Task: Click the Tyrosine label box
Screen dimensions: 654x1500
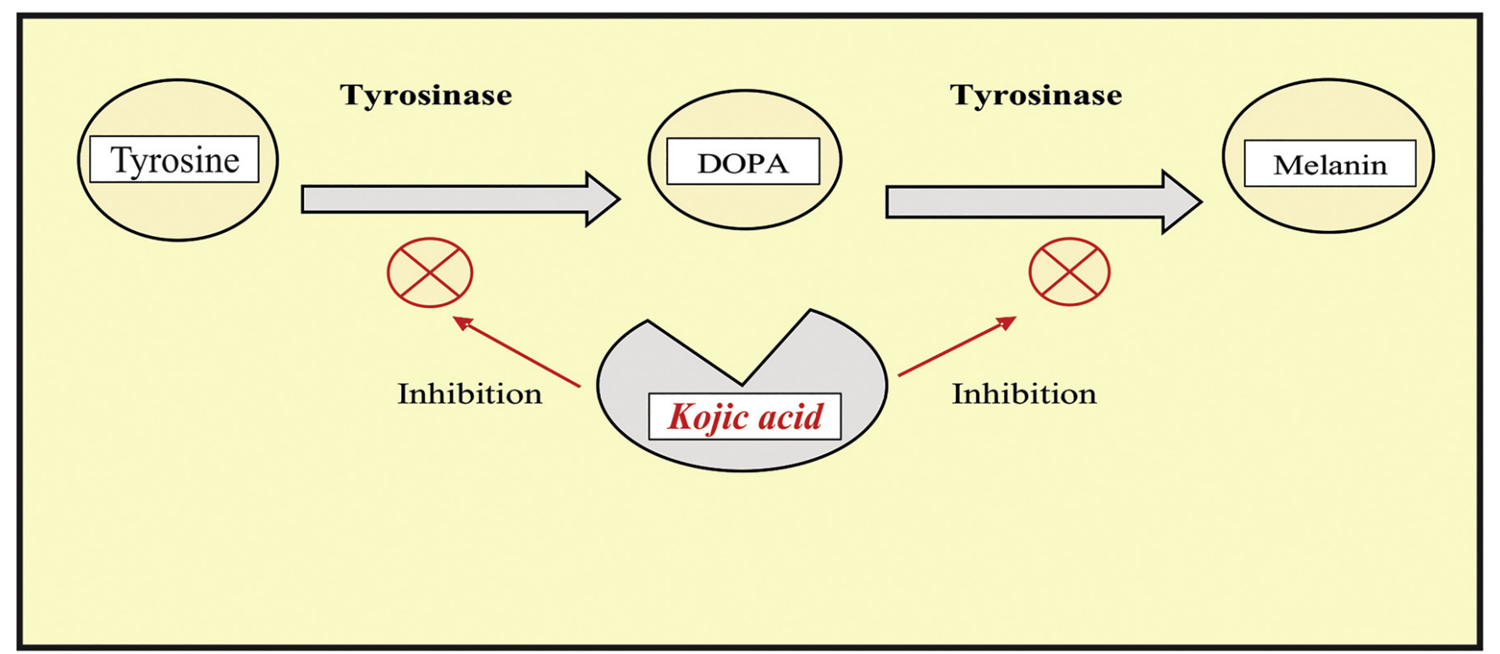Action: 174,159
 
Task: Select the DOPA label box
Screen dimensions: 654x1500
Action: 742,162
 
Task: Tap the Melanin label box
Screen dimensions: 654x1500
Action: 1329,164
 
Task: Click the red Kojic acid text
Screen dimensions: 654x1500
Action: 745,416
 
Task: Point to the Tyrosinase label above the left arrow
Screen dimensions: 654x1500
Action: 426,95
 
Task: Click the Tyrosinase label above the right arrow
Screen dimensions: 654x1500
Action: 1035,95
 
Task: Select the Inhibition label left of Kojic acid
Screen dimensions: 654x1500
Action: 470,393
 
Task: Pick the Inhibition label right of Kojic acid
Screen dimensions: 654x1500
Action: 1023,393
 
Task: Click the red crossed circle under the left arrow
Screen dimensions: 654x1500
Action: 430,272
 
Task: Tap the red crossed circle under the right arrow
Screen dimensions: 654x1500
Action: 1069,272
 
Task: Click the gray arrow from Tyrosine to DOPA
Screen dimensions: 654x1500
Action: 440,200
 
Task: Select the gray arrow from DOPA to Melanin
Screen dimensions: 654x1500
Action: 1024,202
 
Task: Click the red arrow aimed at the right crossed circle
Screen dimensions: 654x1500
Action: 957,346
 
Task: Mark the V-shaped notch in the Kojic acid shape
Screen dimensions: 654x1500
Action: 742,372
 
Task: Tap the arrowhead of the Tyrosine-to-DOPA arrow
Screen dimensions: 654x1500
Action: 603,200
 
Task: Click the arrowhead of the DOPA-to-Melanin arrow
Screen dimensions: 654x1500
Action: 1183,202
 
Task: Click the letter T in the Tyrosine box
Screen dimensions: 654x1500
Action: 120,160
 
